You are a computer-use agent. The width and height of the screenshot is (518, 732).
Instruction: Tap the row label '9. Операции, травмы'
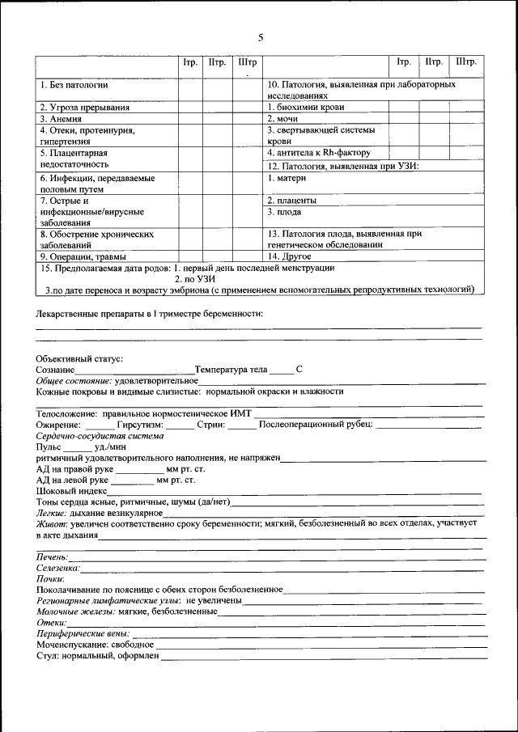[78, 256]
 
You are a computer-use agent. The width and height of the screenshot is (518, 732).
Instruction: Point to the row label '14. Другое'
[289, 256]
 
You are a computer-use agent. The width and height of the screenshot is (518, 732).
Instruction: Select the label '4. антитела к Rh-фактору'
[318, 152]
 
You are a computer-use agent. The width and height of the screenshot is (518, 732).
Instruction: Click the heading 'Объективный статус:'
[79, 358]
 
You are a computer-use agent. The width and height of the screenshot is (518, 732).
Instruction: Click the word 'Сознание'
[56, 369]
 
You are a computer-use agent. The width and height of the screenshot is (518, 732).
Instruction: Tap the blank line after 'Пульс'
[78, 446]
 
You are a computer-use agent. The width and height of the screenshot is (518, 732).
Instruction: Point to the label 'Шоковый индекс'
[72, 491]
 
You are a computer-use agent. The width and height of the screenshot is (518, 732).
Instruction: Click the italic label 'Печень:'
[53, 557]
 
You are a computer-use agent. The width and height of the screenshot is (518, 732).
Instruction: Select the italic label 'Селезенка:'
[58, 568]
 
